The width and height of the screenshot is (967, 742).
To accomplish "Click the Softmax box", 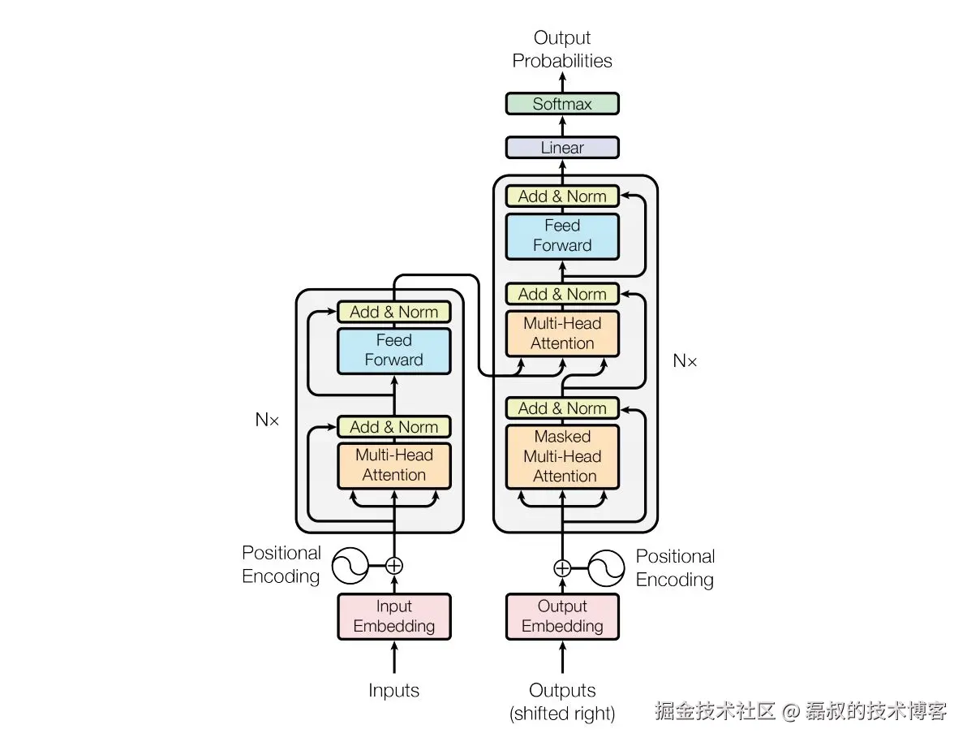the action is (x=562, y=104).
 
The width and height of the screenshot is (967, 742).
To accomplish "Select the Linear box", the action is (x=562, y=148).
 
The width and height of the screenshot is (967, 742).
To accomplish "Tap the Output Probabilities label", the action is (x=562, y=50).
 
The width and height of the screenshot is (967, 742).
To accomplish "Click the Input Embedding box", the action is (x=394, y=616).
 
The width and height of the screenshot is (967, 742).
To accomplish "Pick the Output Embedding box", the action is (x=562, y=616).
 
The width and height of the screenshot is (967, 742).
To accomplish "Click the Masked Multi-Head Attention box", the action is (x=562, y=456).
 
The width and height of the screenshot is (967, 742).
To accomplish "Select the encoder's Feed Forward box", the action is (x=394, y=351).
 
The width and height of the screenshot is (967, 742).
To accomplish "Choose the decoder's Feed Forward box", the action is (x=562, y=235).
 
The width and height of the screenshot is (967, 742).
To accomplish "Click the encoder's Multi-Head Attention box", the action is (x=394, y=465).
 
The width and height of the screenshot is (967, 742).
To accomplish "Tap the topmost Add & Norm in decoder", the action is (x=562, y=196).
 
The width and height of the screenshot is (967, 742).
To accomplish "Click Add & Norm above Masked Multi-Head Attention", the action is (x=562, y=408).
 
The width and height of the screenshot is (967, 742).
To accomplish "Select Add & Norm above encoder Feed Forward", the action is (x=394, y=313).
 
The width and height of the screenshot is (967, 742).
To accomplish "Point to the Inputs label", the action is (x=394, y=690).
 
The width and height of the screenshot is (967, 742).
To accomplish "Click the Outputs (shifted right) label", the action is (x=562, y=701).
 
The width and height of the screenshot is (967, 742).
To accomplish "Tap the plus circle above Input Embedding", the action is (x=394, y=566).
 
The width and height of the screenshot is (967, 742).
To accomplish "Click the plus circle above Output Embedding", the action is (x=562, y=568).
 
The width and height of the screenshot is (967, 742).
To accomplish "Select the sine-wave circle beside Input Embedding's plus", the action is (x=350, y=566).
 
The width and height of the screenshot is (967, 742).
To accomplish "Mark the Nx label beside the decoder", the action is (x=685, y=360).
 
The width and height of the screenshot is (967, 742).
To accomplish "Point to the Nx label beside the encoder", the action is (x=267, y=420).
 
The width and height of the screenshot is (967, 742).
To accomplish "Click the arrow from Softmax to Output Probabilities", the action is (x=562, y=82).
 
